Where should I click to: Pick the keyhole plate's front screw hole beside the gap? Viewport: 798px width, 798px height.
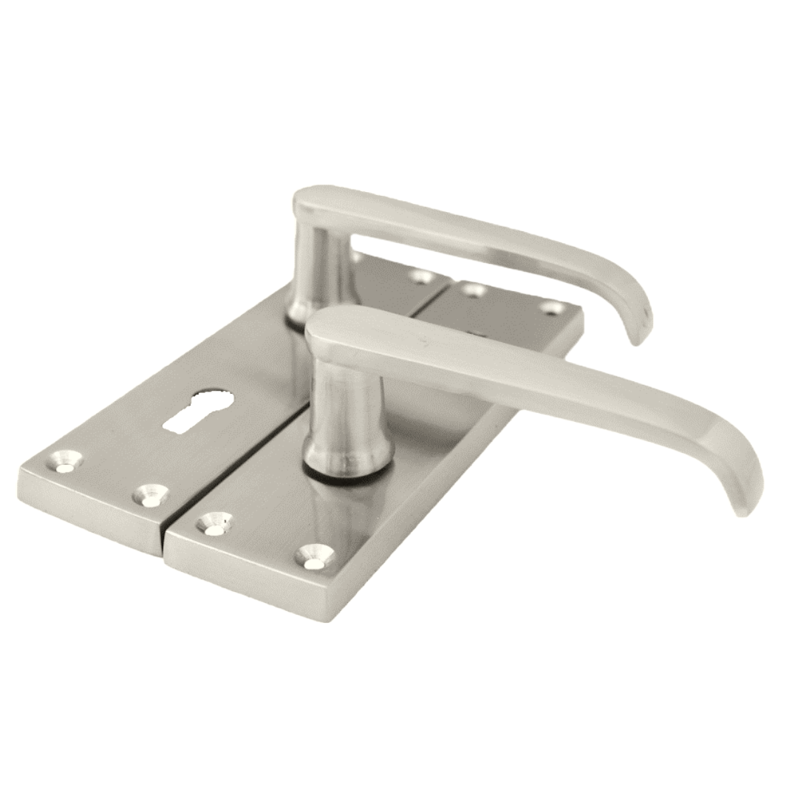[152, 494]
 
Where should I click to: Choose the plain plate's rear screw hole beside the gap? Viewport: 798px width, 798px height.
[473, 290]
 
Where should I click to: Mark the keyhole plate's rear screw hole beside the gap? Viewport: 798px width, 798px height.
[422, 276]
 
